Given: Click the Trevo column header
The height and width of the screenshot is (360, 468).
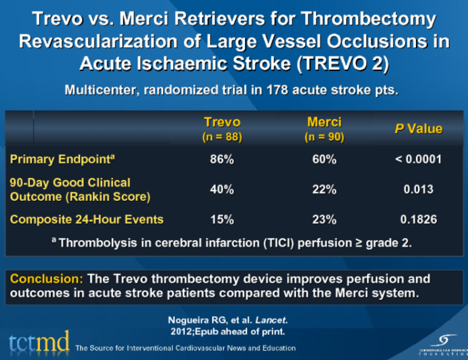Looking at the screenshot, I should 222,122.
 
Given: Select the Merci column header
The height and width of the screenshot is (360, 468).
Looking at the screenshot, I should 324,122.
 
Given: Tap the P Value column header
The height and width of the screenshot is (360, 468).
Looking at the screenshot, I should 419,129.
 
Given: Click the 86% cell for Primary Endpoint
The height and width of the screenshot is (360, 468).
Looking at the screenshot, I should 222,160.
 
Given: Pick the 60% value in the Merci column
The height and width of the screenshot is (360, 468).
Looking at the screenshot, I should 324,160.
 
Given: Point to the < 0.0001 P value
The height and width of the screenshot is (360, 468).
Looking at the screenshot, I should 419,160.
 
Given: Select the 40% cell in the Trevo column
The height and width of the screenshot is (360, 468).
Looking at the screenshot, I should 222,189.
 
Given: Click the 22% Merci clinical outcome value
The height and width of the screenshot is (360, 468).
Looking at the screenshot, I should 324,189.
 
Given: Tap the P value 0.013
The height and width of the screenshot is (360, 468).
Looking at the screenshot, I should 419,189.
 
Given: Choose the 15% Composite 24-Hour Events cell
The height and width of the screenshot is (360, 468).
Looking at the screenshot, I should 222,219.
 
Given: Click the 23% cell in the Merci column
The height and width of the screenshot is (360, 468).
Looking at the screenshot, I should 324,219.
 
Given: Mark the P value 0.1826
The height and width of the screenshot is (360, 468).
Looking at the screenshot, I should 419,219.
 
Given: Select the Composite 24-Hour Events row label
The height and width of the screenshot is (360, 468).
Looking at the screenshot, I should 86,219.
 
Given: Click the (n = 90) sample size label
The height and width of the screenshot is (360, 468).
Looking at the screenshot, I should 324,137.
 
